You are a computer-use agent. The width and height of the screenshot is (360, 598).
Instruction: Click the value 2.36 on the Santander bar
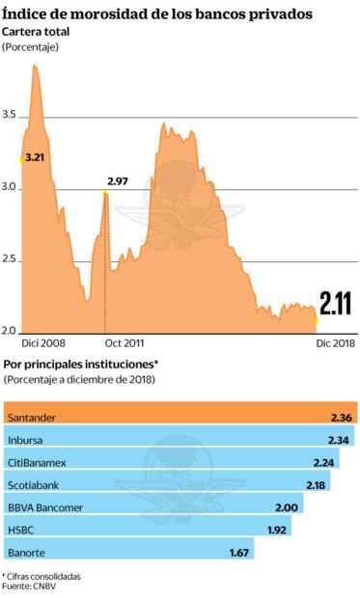tap(341, 417)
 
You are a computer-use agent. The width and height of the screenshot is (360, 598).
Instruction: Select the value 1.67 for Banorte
tap(240, 553)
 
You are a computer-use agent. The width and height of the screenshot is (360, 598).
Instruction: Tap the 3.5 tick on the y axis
tap(11, 116)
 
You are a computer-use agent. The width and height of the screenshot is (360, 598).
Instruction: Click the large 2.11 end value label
tap(336, 305)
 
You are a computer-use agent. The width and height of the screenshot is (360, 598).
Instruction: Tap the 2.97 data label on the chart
tap(118, 181)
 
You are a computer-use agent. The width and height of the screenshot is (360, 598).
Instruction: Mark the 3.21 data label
tap(35, 155)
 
